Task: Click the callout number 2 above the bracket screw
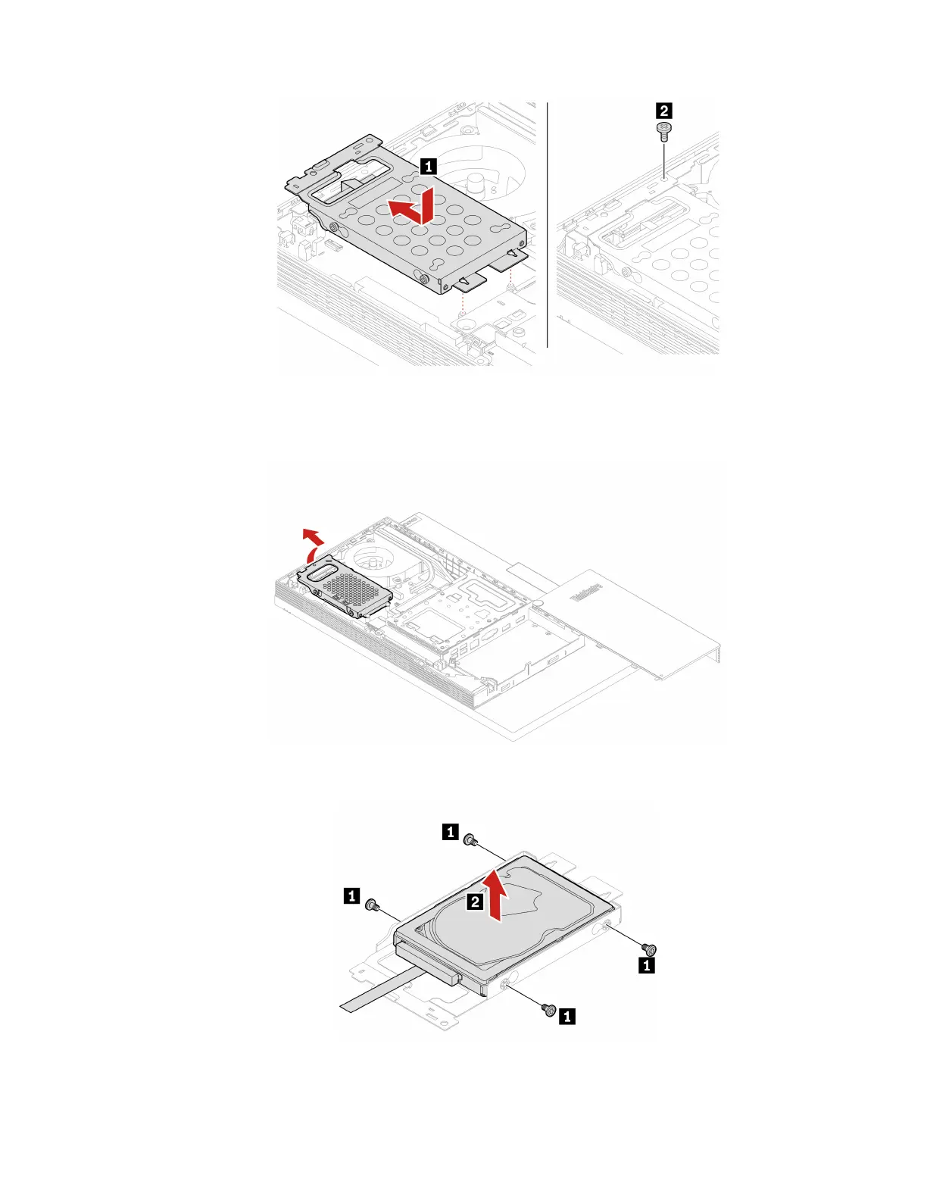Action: click(x=664, y=111)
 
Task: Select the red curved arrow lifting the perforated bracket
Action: click(x=311, y=542)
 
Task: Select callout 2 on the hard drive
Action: click(x=475, y=902)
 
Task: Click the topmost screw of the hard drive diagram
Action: click(x=470, y=839)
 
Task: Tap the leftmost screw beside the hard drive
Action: click(x=371, y=905)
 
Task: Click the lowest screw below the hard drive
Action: click(x=549, y=1009)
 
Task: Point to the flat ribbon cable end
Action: click(x=351, y=1006)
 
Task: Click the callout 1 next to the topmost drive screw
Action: click(x=451, y=833)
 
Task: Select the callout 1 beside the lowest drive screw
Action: click(x=567, y=1017)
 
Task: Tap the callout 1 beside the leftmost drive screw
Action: click(x=352, y=896)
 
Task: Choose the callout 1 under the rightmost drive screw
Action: click(x=647, y=966)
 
